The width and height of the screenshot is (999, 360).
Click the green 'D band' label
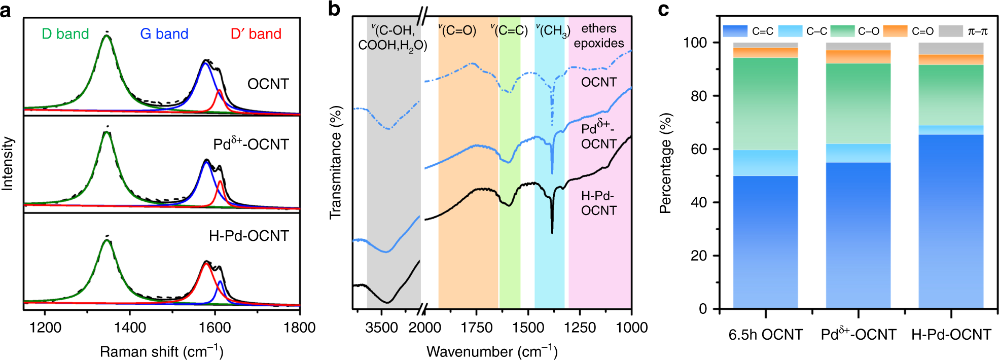pos(65,34)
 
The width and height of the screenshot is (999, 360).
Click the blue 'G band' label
pos(164,34)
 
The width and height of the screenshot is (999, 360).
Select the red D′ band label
pos(256,34)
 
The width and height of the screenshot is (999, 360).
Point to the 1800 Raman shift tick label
pos(299,328)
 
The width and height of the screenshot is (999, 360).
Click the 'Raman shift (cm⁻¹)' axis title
pos(161,351)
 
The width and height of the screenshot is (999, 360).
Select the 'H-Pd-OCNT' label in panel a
pos(248,236)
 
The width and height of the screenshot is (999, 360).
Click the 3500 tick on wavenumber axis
pos(381,328)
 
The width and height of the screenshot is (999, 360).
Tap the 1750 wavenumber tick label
pos(476,328)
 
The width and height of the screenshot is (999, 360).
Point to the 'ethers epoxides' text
pos(599,35)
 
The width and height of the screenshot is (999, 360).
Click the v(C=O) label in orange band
pos(457,30)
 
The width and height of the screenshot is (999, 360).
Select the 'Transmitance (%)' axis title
pos(336,162)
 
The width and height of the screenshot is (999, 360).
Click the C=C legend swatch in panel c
pos(735,31)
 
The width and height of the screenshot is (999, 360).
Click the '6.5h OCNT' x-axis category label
pos(765,335)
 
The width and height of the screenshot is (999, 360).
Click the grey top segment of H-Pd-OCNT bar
pos(951,48)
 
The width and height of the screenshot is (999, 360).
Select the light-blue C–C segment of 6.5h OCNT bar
pos(765,163)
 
